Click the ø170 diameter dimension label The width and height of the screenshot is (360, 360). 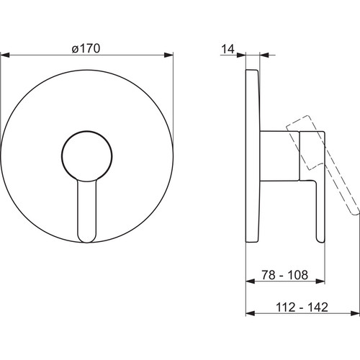(86, 49)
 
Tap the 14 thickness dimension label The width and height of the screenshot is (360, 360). (228, 49)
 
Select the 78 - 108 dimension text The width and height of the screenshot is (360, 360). (284, 275)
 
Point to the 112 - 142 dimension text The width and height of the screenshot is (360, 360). (302, 307)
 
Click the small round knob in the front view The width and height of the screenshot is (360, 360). (86, 156)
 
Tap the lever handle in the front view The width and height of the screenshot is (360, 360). (86, 211)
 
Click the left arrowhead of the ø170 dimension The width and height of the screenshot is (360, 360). (5, 55)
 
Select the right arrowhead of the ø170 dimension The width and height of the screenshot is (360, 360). (168, 55)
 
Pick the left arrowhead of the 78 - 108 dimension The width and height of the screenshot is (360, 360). (251, 281)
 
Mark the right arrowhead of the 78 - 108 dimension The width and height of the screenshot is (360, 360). (320, 281)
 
